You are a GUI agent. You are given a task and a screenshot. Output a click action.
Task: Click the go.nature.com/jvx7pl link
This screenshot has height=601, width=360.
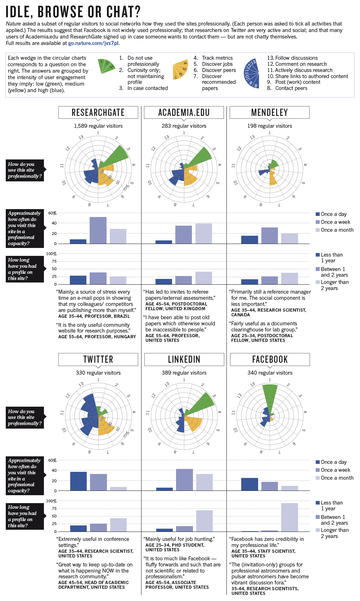click(x=93, y=43)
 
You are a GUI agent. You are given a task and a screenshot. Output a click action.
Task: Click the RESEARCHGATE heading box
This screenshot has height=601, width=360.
click(x=98, y=113)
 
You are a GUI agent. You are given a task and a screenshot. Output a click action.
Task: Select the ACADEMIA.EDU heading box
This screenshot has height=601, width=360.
click(x=184, y=113)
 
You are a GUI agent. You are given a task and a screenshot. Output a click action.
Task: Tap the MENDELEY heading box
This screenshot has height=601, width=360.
click(x=269, y=113)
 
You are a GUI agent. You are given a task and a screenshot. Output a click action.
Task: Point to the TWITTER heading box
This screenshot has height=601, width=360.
click(x=98, y=360)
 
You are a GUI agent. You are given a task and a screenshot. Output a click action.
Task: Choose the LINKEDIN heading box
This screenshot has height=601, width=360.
click(x=184, y=360)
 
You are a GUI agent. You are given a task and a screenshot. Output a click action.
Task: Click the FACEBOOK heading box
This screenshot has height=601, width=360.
click(x=270, y=360)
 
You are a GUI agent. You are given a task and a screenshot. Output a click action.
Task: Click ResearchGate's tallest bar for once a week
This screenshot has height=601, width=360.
click(x=98, y=230)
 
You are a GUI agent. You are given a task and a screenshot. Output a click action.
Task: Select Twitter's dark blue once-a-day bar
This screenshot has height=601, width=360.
click(x=78, y=481)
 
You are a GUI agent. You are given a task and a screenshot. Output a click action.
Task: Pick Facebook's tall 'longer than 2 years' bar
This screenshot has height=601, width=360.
click(x=289, y=517)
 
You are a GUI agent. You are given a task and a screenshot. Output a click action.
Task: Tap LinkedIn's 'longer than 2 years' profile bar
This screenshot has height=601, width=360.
click(x=204, y=521)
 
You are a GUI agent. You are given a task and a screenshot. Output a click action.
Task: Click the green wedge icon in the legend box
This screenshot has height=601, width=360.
click(x=107, y=66)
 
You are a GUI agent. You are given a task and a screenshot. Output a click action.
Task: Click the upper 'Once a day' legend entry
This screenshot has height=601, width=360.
click(x=333, y=214)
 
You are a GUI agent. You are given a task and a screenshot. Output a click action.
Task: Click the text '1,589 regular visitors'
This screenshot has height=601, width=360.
click(x=98, y=126)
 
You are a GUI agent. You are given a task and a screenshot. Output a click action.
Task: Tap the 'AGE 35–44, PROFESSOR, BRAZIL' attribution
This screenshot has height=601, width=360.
click(x=94, y=316)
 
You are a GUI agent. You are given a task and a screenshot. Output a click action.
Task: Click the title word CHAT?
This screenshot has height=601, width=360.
click(x=123, y=12)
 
